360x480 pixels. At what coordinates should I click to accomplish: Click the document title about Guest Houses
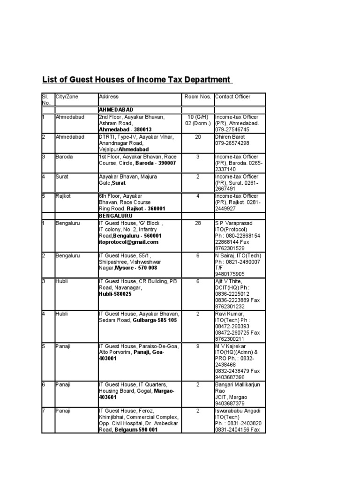(x=137, y=80)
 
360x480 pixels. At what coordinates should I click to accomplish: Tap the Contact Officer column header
(x=232, y=97)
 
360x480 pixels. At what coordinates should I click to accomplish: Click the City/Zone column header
(x=67, y=97)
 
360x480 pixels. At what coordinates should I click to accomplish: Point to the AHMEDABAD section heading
(x=115, y=110)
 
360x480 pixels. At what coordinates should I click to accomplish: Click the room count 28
(x=197, y=223)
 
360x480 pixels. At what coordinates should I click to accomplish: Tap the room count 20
(x=197, y=137)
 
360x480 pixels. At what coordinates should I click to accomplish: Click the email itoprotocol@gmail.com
(x=128, y=242)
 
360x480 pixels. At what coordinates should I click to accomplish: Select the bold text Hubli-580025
(x=115, y=294)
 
